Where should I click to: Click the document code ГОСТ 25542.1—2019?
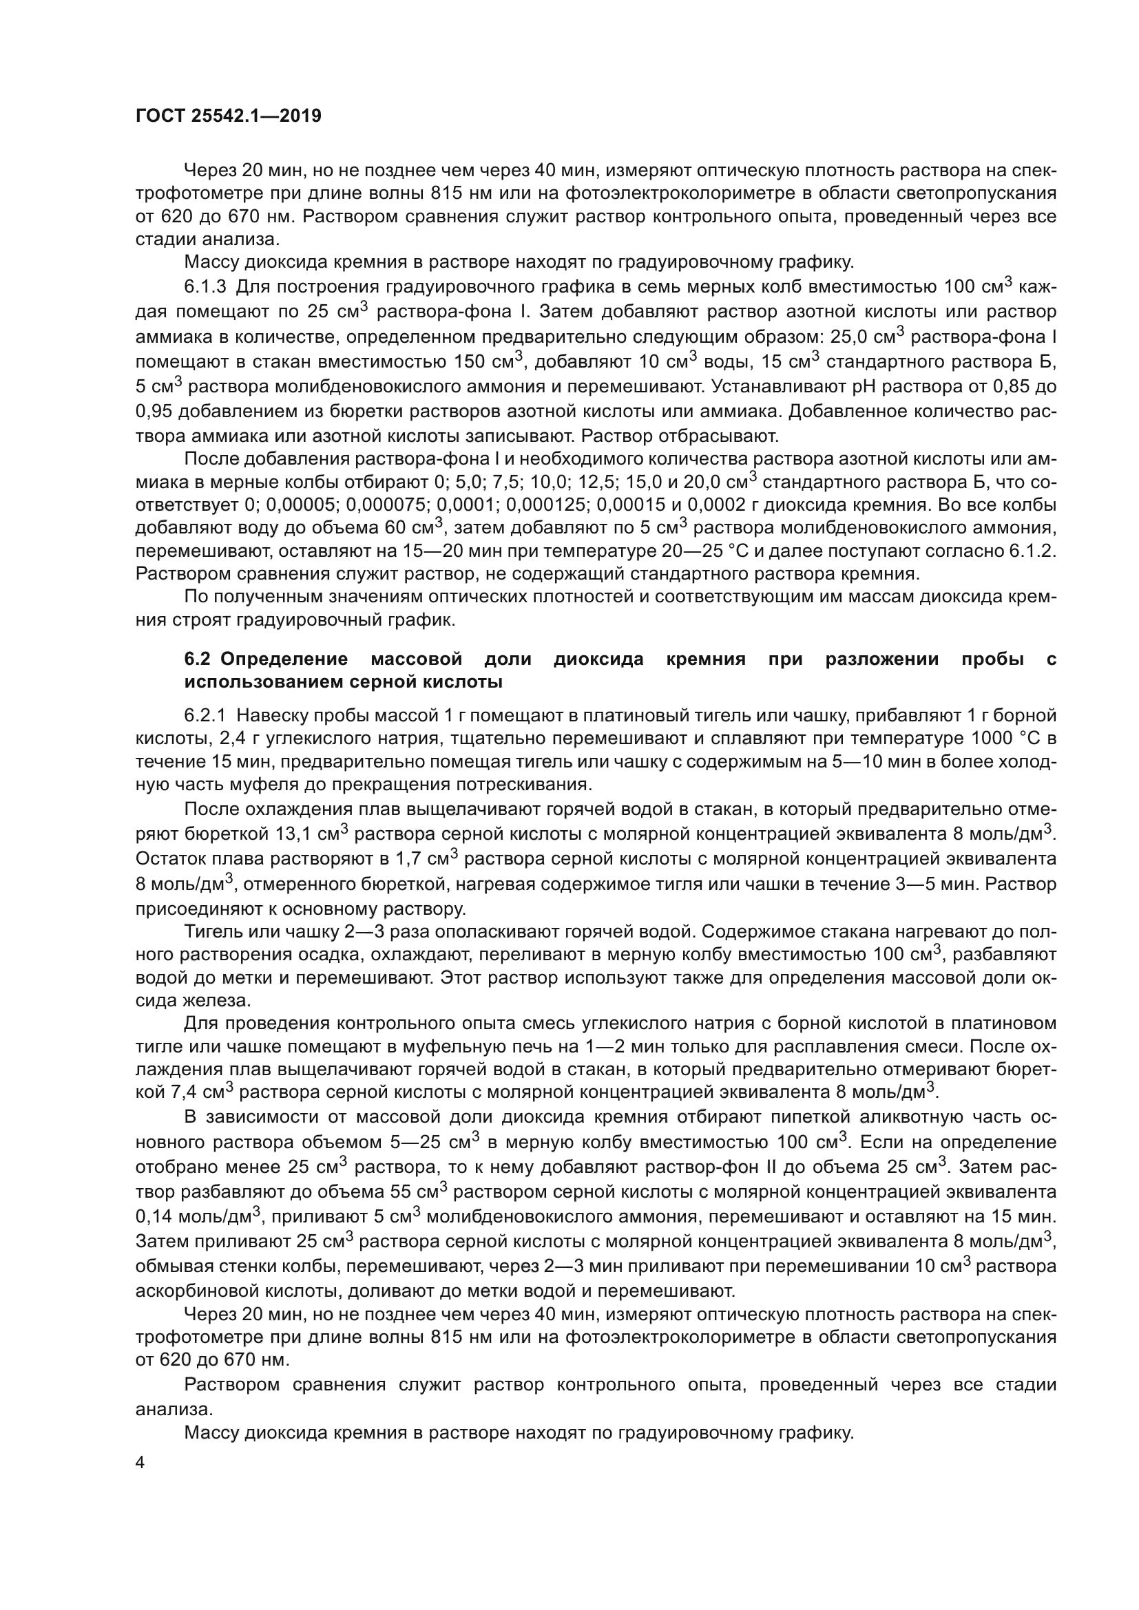[x=228, y=116]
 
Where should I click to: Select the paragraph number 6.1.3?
[x=206, y=288]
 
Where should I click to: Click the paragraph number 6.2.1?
[x=206, y=716]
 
